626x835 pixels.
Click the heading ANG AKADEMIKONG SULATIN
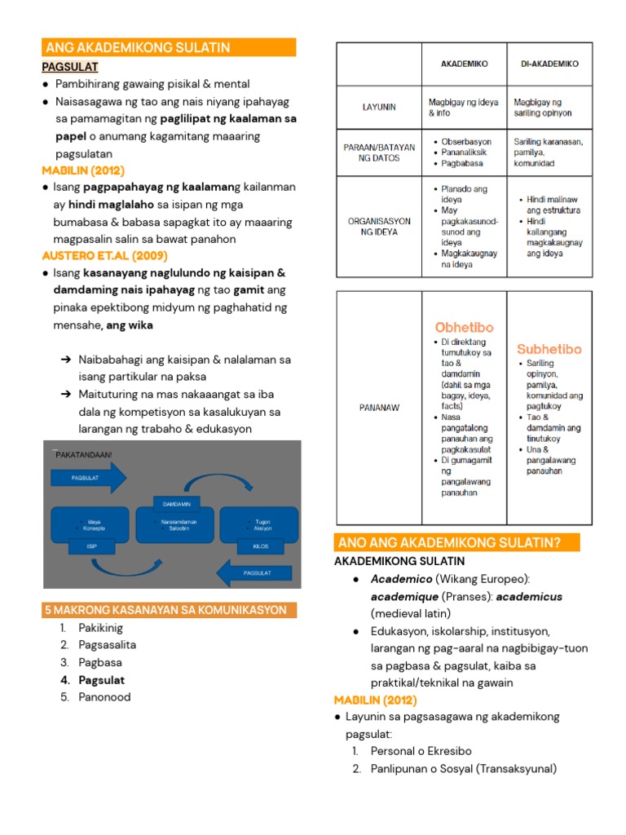[x=139, y=47]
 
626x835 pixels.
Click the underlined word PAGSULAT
[x=70, y=66]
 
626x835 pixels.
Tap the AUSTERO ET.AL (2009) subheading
[x=104, y=255]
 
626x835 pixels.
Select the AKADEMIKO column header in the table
[x=464, y=64]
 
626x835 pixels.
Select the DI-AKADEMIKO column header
[x=549, y=64]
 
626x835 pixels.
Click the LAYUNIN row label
[x=379, y=107]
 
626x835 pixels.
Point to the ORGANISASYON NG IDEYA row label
[x=379, y=226]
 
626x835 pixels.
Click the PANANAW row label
[x=379, y=407]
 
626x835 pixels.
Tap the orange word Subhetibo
[x=549, y=349]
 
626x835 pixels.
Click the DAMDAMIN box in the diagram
[x=176, y=504]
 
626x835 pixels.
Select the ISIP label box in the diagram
[x=91, y=546]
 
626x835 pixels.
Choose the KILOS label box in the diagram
[x=262, y=546]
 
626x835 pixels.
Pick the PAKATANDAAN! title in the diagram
[x=84, y=454]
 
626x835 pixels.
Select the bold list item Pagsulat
[x=101, y=679]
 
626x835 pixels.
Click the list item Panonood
[x=104, y=696]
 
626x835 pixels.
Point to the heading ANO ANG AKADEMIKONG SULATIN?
[x=456, y=542]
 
